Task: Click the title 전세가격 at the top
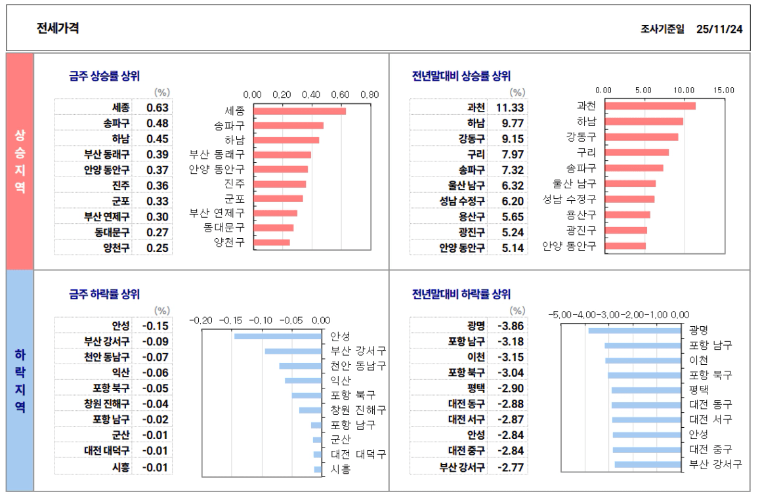click(x=58, y=28)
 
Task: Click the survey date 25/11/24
click(x=719, y=29)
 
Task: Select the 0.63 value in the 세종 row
click(x=158, y=108)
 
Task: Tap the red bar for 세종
click(x=299, y=111)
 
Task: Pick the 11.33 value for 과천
click(x=509, y=108)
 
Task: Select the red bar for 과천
click(x=650, y=106)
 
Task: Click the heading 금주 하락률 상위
click(x=104, y=294)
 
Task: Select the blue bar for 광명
click(x=635, y=330)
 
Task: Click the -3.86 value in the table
click(x=510, y=326)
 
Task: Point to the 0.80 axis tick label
click(x=370, y=94)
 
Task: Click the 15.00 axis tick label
click(x=724, y=90)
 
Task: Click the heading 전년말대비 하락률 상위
click(x=461, y=294)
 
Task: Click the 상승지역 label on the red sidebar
click(x=20, y=161)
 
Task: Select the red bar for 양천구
click(x=272, y=242)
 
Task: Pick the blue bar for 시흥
click(x=318, y=469)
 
